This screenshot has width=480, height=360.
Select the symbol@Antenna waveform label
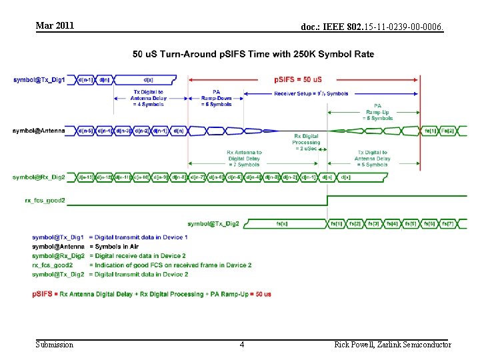coord(39,131)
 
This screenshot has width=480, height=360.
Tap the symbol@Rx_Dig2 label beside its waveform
coord(39,177)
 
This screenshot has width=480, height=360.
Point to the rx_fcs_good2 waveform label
coord(45,199)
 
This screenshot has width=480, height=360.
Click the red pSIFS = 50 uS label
coord(298,79)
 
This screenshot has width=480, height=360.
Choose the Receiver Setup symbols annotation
coord(311,93)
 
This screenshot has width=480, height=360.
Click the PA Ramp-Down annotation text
coord(216,98)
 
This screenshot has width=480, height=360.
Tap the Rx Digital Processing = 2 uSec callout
coord(306,142)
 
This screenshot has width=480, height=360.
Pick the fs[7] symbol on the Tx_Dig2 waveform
coord(448,224)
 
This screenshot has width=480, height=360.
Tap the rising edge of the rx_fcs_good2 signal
coord(327,200)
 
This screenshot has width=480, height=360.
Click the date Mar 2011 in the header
coord(55,26)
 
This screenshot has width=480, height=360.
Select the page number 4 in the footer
coord(241,345)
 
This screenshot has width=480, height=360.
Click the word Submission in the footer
coord(55,345)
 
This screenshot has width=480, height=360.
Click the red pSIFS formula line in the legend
coord(151,294)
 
